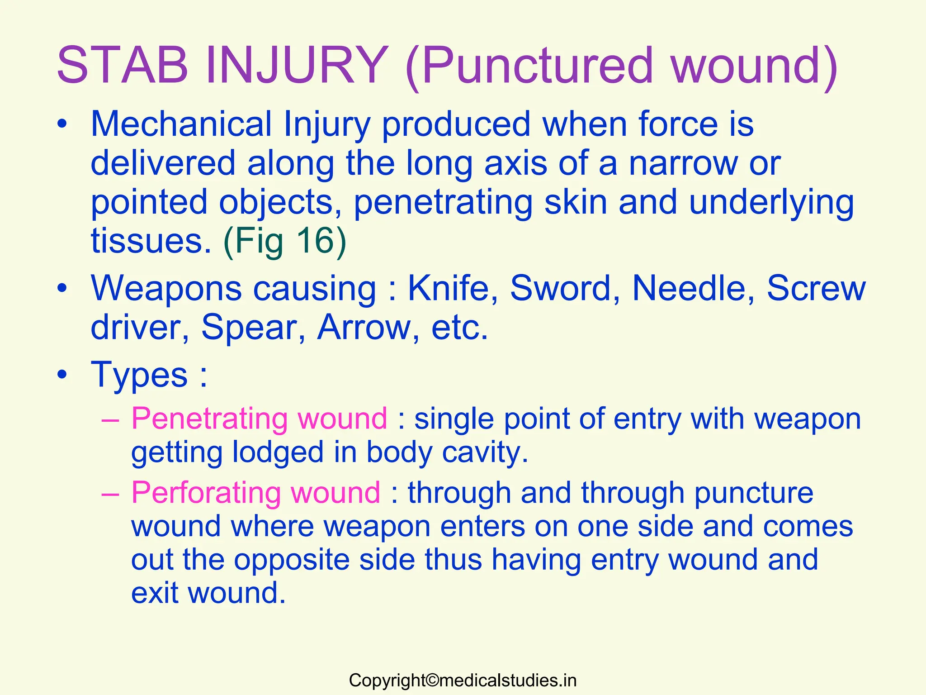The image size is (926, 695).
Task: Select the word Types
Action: click(x=139, y=375)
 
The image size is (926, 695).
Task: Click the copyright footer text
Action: click(x=463, y=681)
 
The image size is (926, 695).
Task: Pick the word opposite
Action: click(x=292, y=560)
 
